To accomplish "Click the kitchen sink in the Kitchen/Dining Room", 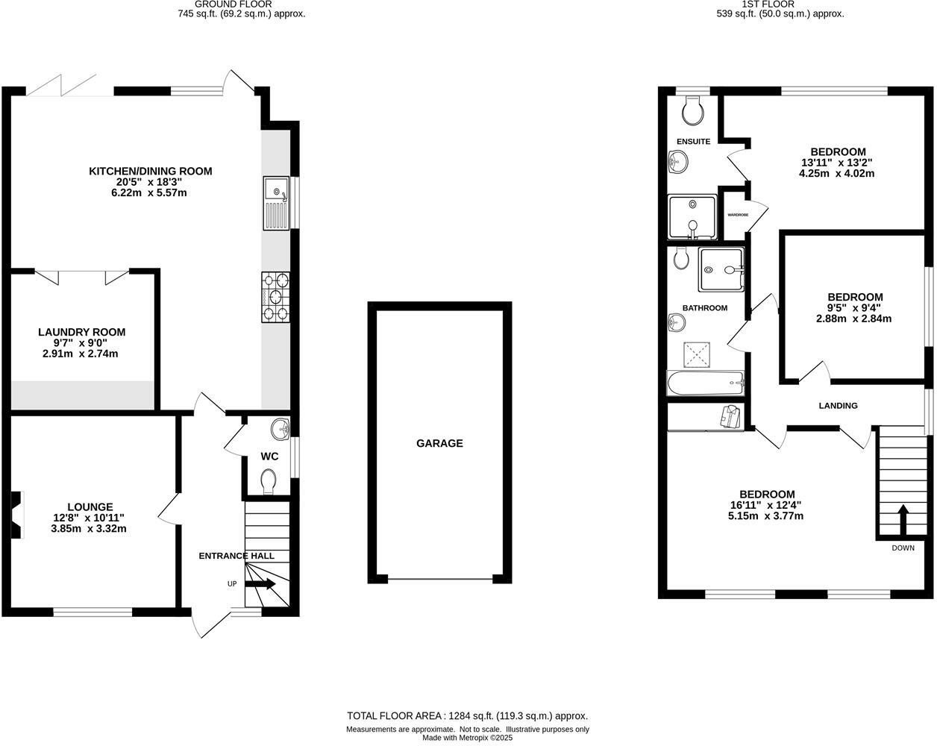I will tap(276, 204).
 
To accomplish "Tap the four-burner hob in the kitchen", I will tap(275, 297).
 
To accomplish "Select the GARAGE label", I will tap(439, 443).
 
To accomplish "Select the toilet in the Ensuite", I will tap(692, 112).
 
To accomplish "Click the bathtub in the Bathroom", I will tap(705, 383).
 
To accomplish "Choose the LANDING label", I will tap(838, 406).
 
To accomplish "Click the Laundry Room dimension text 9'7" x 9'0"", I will tap(82, 343).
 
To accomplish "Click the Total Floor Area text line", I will tap(468, 715).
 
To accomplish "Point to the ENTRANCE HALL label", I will tap(236, 556).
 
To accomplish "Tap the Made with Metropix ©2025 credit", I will tap(468, 738).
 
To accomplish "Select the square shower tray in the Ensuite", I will tap(692, 217).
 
